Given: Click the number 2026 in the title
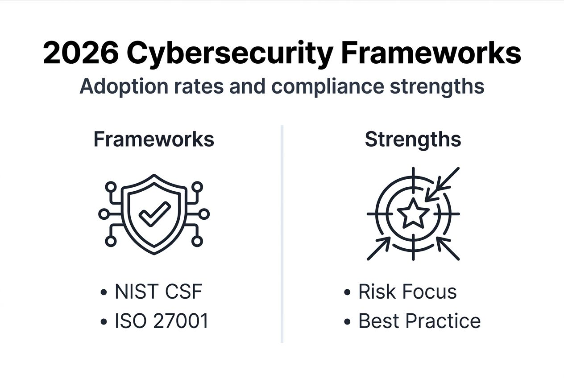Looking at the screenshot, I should pyautogui.click(x=81, y=54).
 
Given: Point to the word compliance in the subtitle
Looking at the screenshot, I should pyautogui.click(x=328, y=86).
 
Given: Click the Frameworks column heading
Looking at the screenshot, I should pyautogui.click(x=154, y=140).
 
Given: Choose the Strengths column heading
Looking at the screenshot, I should pyautogui.click(x=413, y=140).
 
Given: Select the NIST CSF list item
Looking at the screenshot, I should pyautogui.click(x=158, y=292).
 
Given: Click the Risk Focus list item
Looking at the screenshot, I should pyautogui.click(x=407, y=292).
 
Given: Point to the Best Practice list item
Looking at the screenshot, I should pyautogui.click(x=419, y=321).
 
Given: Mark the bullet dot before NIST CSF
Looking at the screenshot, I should pyautogui.click(x=104, y=293).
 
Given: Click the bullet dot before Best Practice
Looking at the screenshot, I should pyautogui.click(x=348, y=322).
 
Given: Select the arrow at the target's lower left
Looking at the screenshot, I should pyautogui.click(x=378, y=249).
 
